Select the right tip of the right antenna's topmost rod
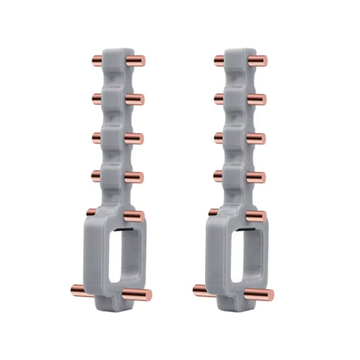pyautogui.click(x=265, y=61)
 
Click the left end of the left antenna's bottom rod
pyautogui.click(x=72, y=288)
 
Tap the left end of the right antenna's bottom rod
pyautogui.click(x=195, y=288)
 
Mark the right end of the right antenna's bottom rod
pyautogui.click(x=271, y=295)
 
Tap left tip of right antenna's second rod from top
pyautogui.click(x=217, y=98)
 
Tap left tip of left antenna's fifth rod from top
pyautogui.click(x=90, y=211)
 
